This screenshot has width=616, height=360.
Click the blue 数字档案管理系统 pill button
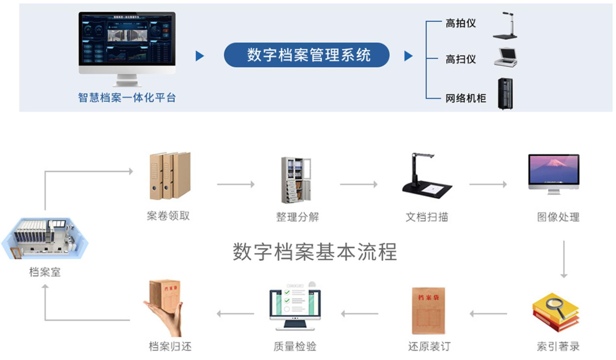click(306, 55)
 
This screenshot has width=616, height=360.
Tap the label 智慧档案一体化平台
click(127, 98)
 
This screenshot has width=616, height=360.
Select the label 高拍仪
click(461, 23)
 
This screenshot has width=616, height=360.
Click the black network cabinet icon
click(505, 94)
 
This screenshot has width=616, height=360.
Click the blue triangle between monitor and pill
click(200, 56)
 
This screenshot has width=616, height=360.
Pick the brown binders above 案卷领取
click(170, 175)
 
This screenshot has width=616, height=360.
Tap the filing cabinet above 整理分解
click(296, 180)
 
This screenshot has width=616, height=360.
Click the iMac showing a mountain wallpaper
click(554, 173)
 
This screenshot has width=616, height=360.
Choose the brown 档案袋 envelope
click(428, 310)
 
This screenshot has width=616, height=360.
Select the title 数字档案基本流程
click(315, 252)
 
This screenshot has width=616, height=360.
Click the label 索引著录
click(558, 346)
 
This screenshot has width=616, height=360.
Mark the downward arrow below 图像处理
click(564, 259)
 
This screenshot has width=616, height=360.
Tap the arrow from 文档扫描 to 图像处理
click(488, 184)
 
